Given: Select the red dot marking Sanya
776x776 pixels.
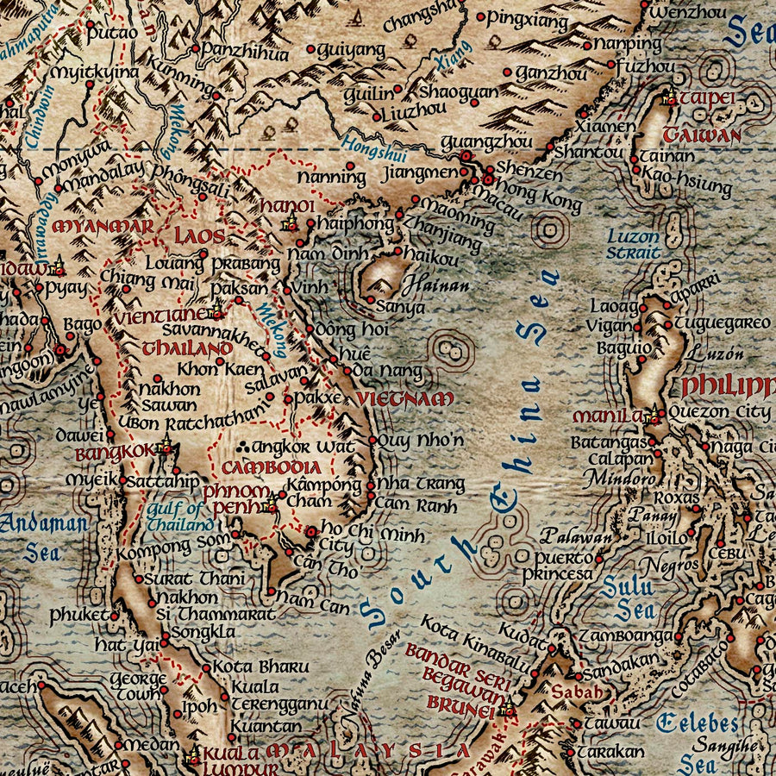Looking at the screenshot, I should pos(370,300).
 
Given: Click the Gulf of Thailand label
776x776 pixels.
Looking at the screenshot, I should pos(178,516).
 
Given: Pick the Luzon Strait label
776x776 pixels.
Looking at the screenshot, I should pos(634,244).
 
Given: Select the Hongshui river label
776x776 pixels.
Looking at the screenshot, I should pos(374,149).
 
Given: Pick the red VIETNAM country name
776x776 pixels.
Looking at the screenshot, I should pos(404,398).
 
